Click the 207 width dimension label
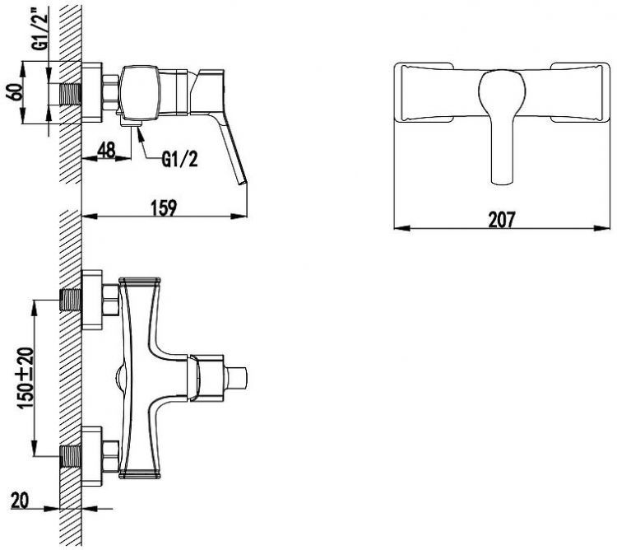[501, 220]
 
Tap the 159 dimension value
[164, 207]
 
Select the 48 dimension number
[106, 150]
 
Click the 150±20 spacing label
[26, 378]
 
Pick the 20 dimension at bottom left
[20, 501]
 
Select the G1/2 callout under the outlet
[179, 160]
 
